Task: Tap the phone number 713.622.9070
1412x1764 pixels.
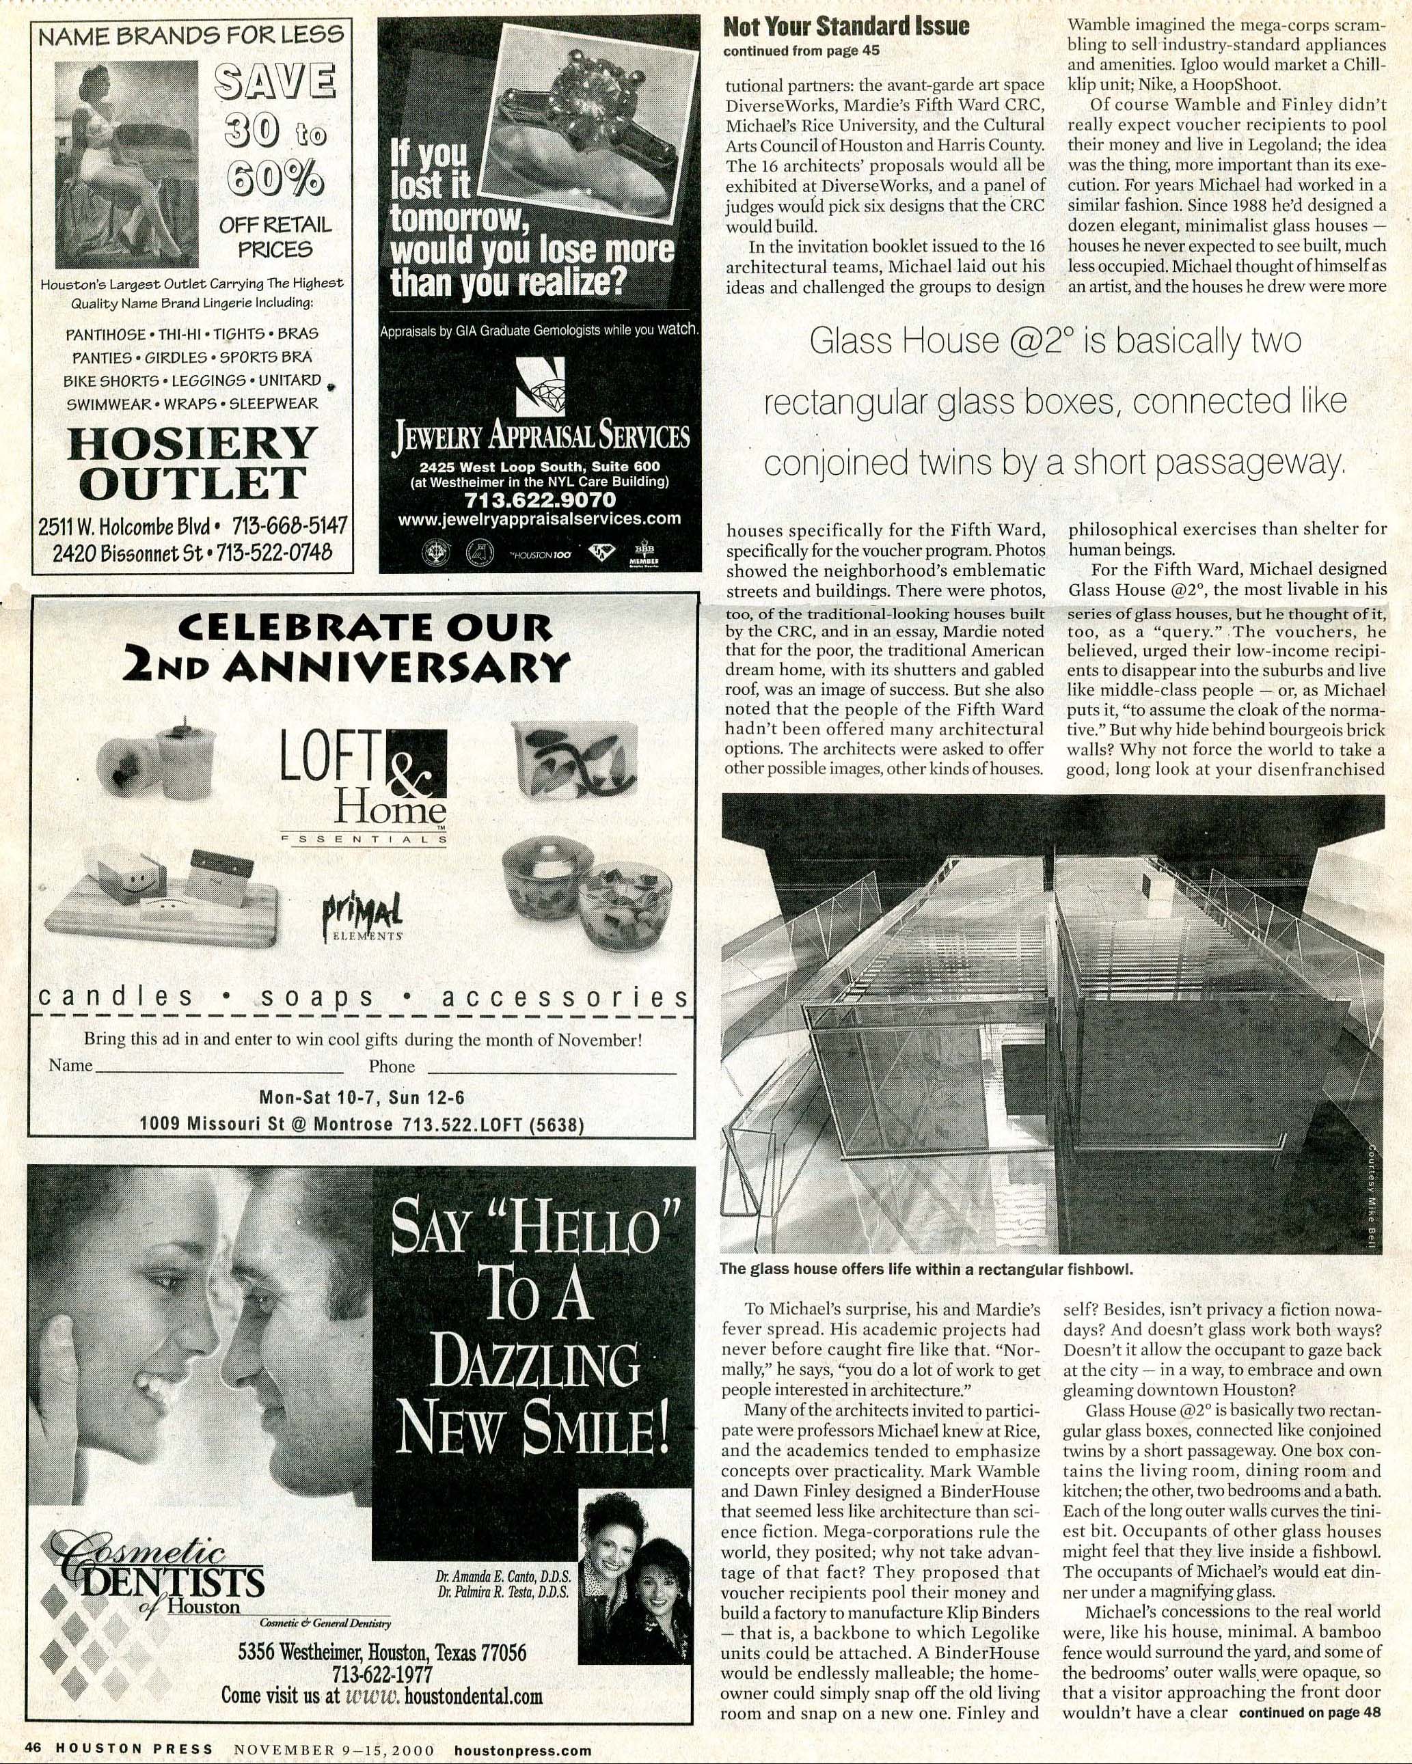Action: tap(539, 499)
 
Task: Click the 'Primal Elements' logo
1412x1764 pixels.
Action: tap(362, 915)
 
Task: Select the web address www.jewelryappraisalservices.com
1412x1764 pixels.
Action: tap(539, 519)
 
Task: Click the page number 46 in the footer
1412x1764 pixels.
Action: tap(33, 1749)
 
